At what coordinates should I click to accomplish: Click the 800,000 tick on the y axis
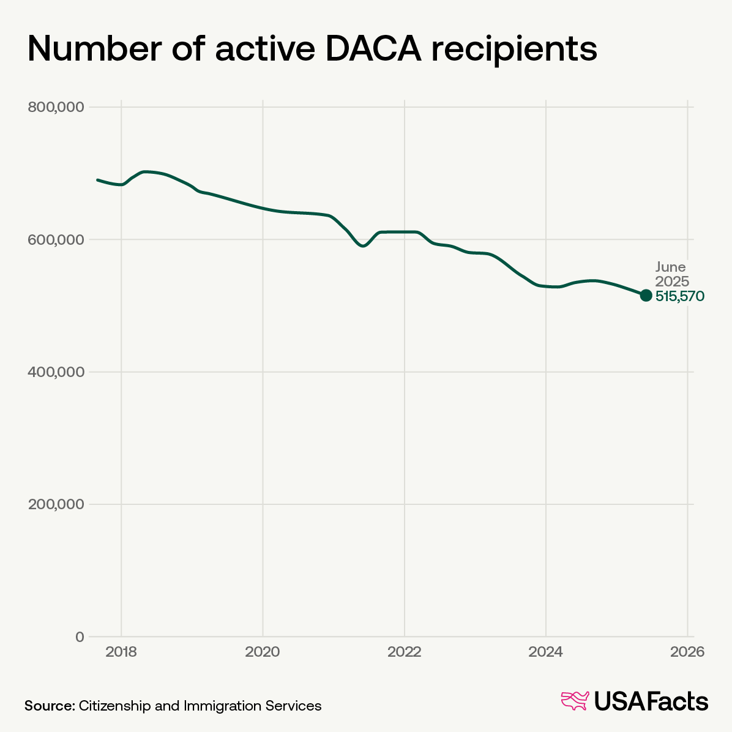56,107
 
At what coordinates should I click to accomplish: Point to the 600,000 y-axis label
56,240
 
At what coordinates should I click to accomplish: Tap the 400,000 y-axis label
56,372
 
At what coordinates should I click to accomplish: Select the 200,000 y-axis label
56,504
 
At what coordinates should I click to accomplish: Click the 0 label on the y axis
79,637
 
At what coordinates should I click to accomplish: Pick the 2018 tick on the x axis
121,652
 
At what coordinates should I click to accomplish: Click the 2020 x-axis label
263,652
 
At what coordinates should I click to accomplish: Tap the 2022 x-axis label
404,652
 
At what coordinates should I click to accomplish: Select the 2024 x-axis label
545,652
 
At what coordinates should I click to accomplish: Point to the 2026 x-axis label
687,652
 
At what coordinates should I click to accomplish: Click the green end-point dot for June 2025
646,296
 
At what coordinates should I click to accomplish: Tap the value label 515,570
680,296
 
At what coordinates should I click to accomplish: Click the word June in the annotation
671,267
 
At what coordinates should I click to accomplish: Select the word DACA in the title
373,49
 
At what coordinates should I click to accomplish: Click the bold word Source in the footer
49,706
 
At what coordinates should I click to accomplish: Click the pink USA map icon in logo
575,701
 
